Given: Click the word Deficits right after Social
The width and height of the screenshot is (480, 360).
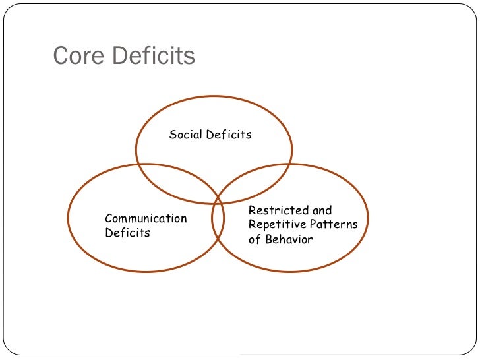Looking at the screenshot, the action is tap(229, 135).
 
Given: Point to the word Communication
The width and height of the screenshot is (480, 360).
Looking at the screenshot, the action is tap(146, 218).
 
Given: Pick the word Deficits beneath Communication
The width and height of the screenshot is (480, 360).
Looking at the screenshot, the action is tap(127, 233).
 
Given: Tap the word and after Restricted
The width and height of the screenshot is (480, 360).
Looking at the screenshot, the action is tap(322, 211).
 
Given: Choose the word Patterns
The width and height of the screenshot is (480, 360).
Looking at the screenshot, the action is tap(336, 225).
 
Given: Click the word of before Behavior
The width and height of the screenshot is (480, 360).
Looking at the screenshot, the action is tap(255, 239).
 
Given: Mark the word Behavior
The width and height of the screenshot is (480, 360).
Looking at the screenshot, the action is tap(289, 239).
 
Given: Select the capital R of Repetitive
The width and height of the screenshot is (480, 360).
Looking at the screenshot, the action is tap(252, 225).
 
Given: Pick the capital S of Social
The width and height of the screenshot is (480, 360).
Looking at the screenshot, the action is tap(173, 135).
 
